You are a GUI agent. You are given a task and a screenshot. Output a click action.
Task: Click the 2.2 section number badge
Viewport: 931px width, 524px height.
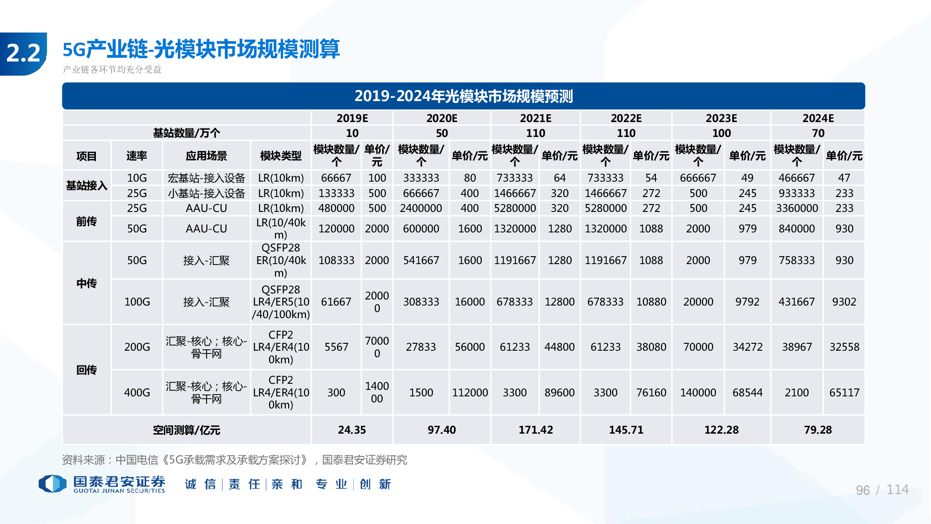pyautogui.click(x=23, y=54)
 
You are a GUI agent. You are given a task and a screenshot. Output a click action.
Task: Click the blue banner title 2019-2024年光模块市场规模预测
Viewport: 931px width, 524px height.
pyautogui.click(x=463, y=96)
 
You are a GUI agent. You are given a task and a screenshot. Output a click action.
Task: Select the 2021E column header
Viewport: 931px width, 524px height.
pyautogui.click(x=535, y=118)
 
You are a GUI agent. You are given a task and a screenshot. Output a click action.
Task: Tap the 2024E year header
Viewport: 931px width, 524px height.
pyautogui.click(x=818, y=118)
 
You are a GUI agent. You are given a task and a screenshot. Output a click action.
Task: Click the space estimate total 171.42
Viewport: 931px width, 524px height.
pyautogui.click(x=535, y=430)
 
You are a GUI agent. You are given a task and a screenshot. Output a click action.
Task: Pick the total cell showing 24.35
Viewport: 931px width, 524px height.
pyautogui.click(x=352, y=430)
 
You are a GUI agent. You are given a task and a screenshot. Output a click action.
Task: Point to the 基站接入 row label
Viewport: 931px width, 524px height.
pyautogui.click(x=87, y=185)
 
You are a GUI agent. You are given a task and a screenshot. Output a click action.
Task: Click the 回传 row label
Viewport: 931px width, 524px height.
pyautogui.click(x=87, y=370)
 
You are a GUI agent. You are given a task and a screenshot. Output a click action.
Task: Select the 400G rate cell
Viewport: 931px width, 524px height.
pyautogui.click(x=137, y=393)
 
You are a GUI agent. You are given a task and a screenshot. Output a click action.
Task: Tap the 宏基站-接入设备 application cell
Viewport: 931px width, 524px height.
pyautogui.click(x=206, y=178)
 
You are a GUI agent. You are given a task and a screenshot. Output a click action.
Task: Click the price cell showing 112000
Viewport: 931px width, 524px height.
pyautogui.click(x=470, y=393)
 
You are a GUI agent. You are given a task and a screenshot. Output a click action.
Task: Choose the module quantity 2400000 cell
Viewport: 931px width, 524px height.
pyautogui.click(x=421, y=208)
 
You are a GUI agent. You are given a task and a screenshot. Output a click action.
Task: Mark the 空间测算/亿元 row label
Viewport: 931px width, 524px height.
pyautogui.click(x=186, y=430)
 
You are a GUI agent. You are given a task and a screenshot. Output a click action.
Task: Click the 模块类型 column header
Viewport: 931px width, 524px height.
pyautogui.click(x=281, y=156)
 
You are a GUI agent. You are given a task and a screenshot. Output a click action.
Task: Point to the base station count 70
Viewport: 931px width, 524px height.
pyautogui.click(x=818, y=133)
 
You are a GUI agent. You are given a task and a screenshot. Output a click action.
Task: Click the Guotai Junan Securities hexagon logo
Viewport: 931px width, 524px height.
pyautogui.click(x=52, y=483)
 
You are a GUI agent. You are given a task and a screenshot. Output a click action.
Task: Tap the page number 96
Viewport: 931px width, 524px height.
pyautogui.click(x=863, y=490)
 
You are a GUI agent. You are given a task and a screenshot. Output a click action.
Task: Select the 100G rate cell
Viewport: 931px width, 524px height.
pyautogui.click(x=137, y=302)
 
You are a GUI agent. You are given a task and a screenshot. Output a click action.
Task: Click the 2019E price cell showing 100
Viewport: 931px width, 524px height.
pyautogui.click(x=377, y=178)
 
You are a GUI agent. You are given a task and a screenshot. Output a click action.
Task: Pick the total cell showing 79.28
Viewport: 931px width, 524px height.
pyautogui.click(x=818, y=430)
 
